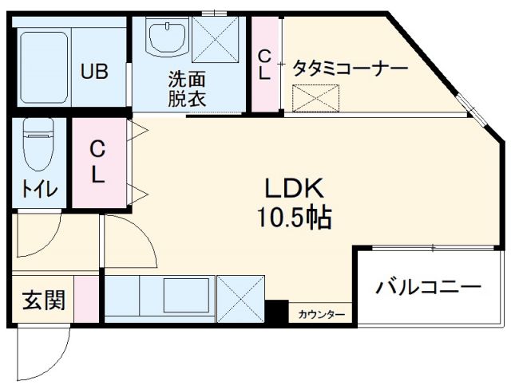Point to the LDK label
tap(293, 189)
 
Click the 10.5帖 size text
tap(294, 217)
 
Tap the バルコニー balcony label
tap(429, 286)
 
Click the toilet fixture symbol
tap(37, 147)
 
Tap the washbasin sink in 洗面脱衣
tap(165, 36)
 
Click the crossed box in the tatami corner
tap(307, 99)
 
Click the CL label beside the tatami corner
tap(263, 64)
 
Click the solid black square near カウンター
tap(277, 312)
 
